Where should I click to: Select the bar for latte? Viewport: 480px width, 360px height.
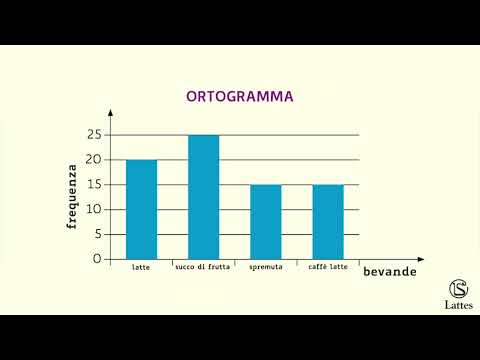coord(141,209)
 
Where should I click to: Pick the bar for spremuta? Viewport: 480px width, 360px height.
coord(265,221)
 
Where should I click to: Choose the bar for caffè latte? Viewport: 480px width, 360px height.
coord(327,221)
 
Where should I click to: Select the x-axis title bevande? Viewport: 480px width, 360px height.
coord(390,272)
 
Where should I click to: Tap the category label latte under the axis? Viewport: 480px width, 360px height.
coord(141,268)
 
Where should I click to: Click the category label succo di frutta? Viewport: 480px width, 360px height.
coord(203,268)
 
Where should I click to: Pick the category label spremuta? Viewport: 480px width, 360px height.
coord(265,268)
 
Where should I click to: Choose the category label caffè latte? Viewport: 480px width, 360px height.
coord(327,268)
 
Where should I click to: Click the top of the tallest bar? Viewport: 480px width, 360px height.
coord(203,136)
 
